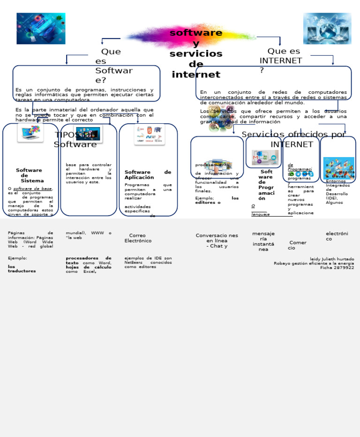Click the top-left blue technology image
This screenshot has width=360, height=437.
[x=41, y=29]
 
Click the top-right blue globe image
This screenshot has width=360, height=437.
[x=327, y=29]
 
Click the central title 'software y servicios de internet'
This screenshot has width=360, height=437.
[x=195, y=53]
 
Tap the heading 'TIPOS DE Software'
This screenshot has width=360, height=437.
[x=75, y=140]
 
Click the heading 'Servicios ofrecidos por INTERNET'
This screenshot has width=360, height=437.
[x=292, y=139]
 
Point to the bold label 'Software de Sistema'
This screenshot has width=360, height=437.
[x=29, y=175]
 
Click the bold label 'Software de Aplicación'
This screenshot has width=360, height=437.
[x=148, y=175]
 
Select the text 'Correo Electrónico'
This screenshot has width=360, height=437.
[x=138, y=238]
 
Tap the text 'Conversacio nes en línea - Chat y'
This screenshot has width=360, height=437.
[x=217, y=241]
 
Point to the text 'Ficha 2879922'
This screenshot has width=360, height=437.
[x=337, y=267]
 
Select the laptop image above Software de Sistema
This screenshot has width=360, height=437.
[x=30, y=133]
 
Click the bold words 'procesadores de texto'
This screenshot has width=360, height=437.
[x=88, y=260]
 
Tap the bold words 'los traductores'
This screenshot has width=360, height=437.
[x=22, y=269]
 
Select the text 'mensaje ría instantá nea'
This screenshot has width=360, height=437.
[x=263, y=241]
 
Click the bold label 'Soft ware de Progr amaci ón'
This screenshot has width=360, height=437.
[x=266, y=185]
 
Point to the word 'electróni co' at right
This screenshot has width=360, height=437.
[x=337, y=236]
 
